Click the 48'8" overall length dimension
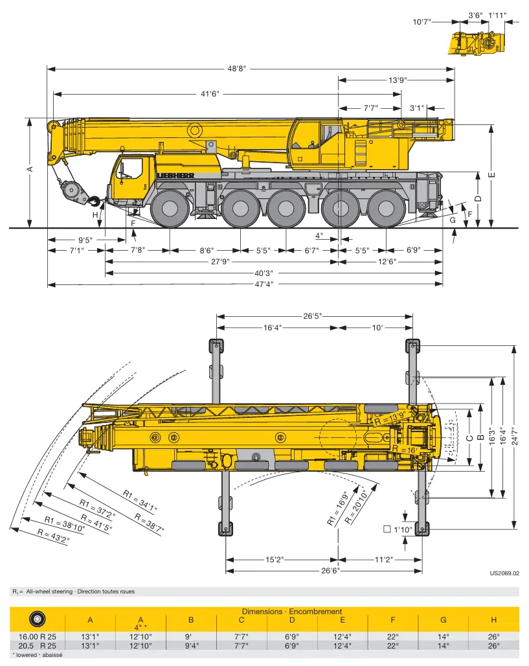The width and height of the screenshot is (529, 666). pyautogui.click(x=236, y=69)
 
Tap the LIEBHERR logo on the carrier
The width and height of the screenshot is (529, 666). pyautogui.click(x=175, y=176)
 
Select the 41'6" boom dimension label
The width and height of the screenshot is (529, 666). pyautogui.click(x=210, y=93)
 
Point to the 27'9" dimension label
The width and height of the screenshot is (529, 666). pyautogui.click(x=220, y=262)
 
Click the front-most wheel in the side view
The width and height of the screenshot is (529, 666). pyautogui.click(x=170, y=208)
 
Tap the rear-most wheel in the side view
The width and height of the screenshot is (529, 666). pyautogui.click(x=386, y=208)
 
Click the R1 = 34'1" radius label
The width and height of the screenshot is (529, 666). pyautogui.click(x=140, y=500)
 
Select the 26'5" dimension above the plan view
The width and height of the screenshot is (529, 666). pyautogui.click(x=313, y=316)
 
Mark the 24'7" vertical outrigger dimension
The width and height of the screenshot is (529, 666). pyautogui.click(x=515, y=436)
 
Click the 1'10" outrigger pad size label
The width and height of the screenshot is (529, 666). pyautogui.click(x=403, y=530)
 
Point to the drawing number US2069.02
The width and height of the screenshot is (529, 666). pyautogui.click(x=504, y=573)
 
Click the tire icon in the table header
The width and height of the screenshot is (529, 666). pyautogui.click(x=38, y=619)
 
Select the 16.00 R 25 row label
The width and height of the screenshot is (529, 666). pyautogui.click(x=37, y=637)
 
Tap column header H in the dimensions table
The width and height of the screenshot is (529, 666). pyautogui.click(x=493, y=620)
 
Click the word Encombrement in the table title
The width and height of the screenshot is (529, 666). pyautogui.click(x=315, y=612)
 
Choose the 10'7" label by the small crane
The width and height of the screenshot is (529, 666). pyautogui.click(x=422, y=21)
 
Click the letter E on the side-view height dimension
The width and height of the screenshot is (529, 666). pyautogui.click(x=492, y=175)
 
